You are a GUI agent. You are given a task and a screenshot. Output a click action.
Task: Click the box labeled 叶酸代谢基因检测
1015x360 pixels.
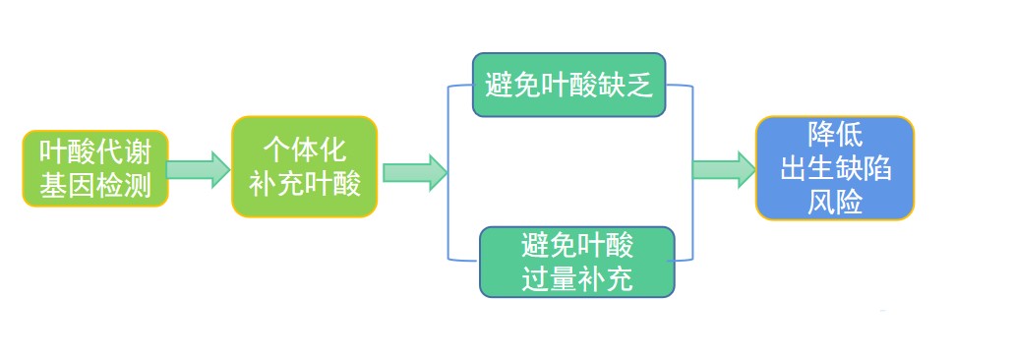(95, 167)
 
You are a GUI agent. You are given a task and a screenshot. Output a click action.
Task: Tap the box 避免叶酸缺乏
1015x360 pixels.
(569, 85)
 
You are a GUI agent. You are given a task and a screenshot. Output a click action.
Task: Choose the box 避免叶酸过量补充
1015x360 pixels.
(578, 262)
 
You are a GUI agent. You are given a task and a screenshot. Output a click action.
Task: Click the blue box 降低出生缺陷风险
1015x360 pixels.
(835, 167)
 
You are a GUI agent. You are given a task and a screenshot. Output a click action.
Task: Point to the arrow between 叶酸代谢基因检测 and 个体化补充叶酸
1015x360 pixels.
(198, 168)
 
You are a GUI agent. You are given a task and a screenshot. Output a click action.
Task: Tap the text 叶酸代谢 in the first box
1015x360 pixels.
(95, 151)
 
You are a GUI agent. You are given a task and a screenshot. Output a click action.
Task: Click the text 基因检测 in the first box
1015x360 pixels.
(95, 184)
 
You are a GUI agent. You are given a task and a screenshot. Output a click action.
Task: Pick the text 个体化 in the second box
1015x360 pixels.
(304, 150)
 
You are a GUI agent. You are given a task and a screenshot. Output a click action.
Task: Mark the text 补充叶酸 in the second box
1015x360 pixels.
(304, 184)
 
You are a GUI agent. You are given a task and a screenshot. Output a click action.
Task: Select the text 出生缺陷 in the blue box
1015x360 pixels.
(835, 168)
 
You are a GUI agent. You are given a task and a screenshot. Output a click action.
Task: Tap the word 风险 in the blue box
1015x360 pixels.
(835, 202)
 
